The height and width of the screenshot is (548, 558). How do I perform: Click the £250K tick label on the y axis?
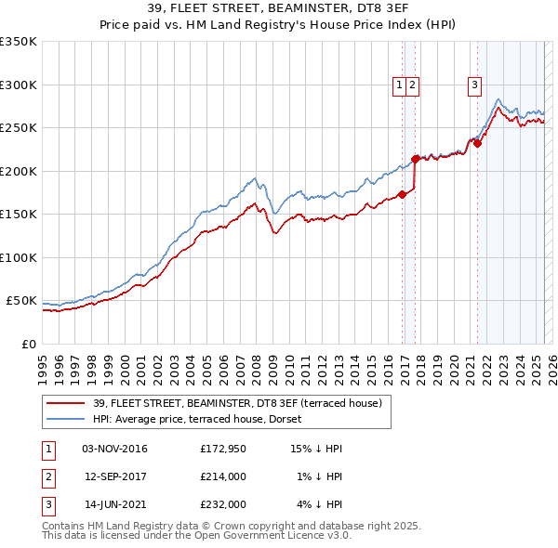18,127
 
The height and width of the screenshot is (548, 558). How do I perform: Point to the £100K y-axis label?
18,257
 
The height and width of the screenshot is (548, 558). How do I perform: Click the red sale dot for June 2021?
477,143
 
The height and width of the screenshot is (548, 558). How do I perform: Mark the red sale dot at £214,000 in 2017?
416,159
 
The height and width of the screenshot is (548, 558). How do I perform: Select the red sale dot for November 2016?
402,194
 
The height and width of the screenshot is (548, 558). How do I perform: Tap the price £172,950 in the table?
223,449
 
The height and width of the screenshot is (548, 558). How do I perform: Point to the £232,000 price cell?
223,504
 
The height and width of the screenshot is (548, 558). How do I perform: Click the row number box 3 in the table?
46,504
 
